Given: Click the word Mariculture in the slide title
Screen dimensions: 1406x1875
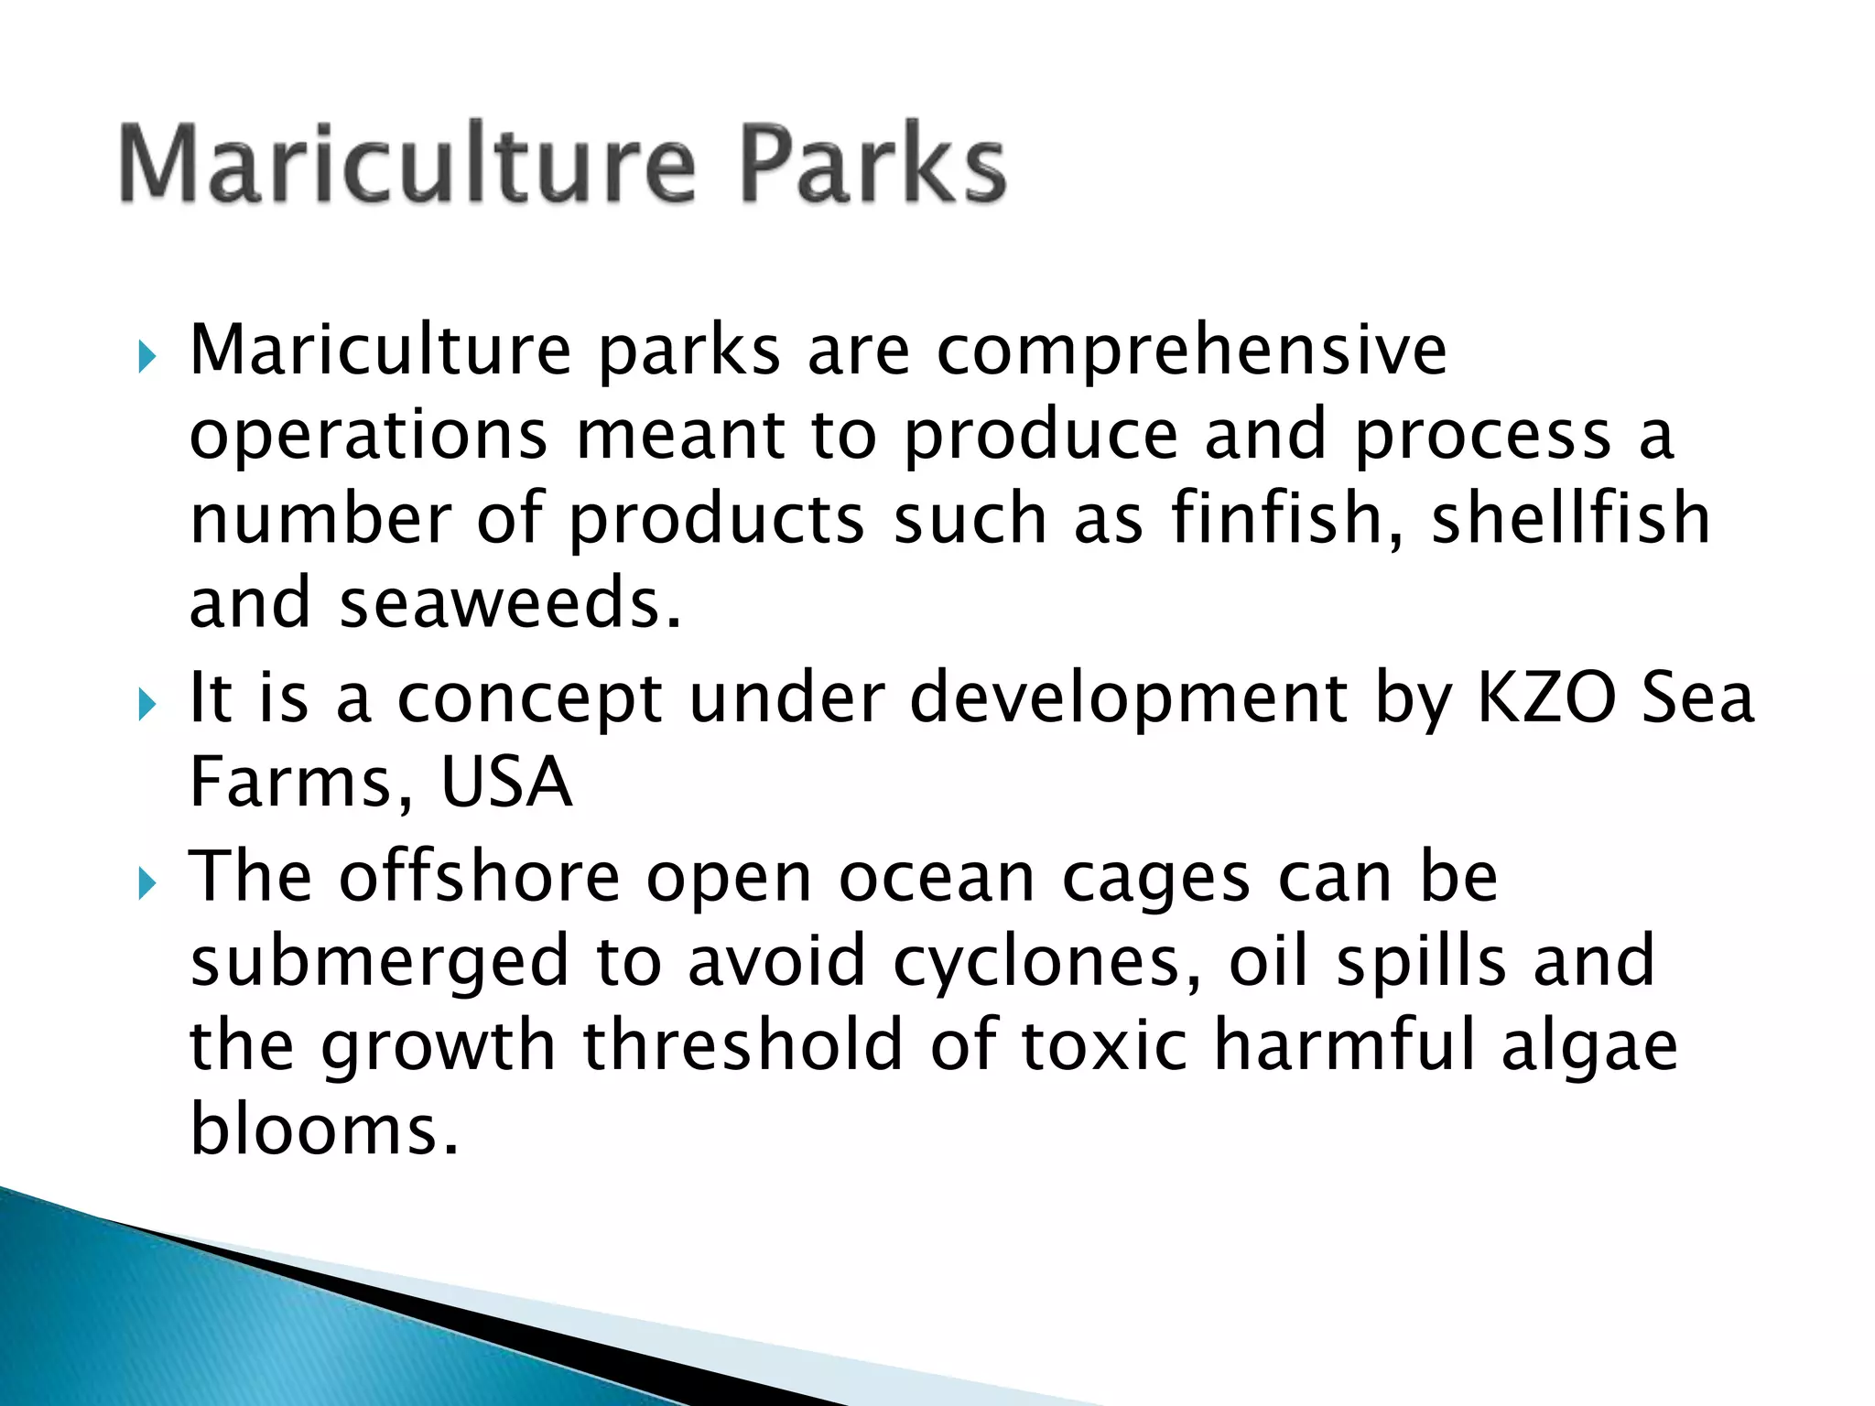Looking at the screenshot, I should click(x=407, y=165).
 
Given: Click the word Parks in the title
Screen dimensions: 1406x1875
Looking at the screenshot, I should click(x=872, y=165).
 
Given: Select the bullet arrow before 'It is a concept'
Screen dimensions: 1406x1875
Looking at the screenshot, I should click(x=146, y=705).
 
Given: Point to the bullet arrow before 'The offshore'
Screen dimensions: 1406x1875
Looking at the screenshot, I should click(x=146, y=883).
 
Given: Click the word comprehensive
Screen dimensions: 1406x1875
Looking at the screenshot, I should click(x=1191, y=352).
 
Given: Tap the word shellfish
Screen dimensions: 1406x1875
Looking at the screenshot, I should click(x=1570, y=519).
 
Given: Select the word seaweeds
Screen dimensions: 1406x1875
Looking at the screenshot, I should click(x=510, y=604).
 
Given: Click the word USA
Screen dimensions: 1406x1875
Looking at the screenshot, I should click(x=506, y=784).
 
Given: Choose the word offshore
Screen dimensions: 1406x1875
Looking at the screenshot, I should click(x=480, y=877).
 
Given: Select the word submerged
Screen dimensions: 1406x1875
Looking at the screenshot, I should click(x=380, y=963).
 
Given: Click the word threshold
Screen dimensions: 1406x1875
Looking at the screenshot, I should click(x=743, y=1045).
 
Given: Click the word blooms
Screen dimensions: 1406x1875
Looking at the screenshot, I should click(x=322, y=1130).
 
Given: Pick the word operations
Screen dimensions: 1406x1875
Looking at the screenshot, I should click(x=368, y=437).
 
